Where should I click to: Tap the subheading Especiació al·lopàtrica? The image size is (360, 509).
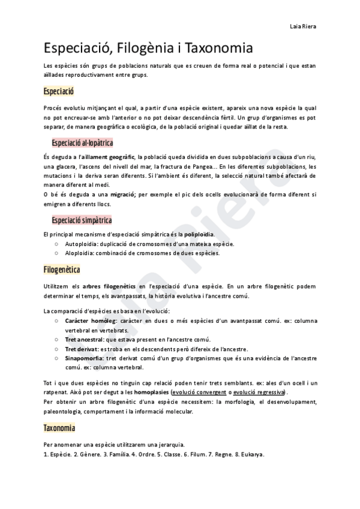82,143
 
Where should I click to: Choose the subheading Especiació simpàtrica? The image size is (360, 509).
82,220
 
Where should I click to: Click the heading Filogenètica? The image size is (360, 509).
62,270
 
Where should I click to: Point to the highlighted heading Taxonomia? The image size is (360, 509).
59,428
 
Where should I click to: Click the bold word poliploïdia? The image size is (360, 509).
199,234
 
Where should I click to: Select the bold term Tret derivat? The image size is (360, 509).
80,349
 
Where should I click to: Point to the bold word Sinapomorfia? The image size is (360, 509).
85,358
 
